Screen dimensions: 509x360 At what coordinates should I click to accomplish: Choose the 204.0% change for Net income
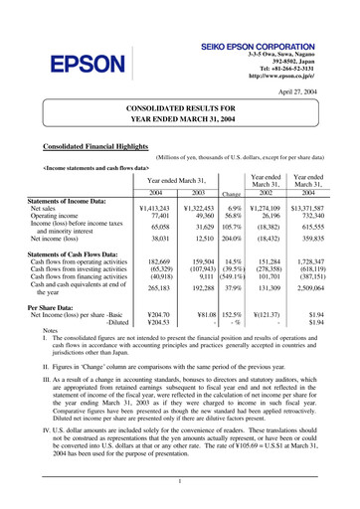point(234,239)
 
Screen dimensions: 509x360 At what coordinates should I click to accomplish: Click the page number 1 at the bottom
point(180,481)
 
